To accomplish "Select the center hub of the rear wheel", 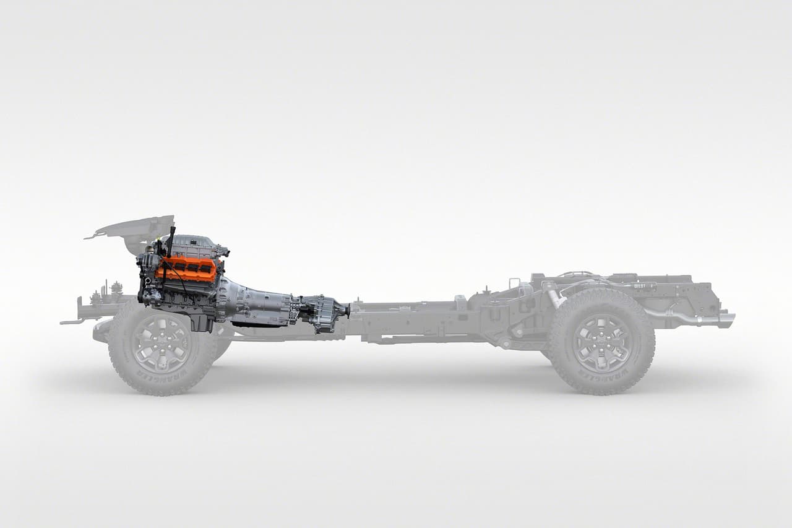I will [601, 342].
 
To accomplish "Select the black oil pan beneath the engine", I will [201, 321].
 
